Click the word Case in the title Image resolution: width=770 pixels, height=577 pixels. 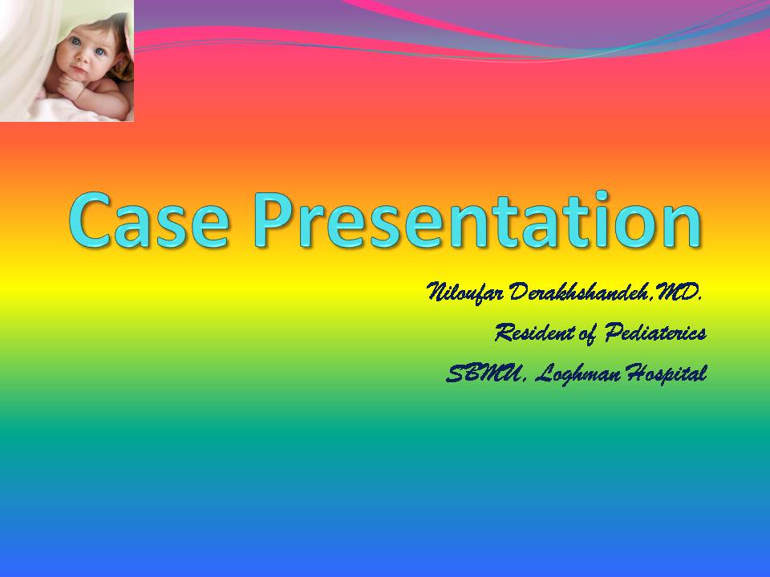tap(149, 220)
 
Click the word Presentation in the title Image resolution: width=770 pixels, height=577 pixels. tap(478, 220)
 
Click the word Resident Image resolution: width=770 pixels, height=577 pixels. tap(534, 333)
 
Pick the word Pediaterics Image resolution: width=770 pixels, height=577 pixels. tap(655, 333)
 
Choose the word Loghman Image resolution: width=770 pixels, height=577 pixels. tap(577, 374)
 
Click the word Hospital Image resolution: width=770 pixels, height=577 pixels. tap(667, 374)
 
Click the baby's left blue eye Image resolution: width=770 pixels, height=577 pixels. tap(99, 51)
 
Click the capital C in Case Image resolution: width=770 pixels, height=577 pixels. tap(90, 220)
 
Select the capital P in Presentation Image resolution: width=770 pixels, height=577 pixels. tap(273, 220)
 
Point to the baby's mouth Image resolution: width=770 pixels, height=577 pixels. tap(79, 72)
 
